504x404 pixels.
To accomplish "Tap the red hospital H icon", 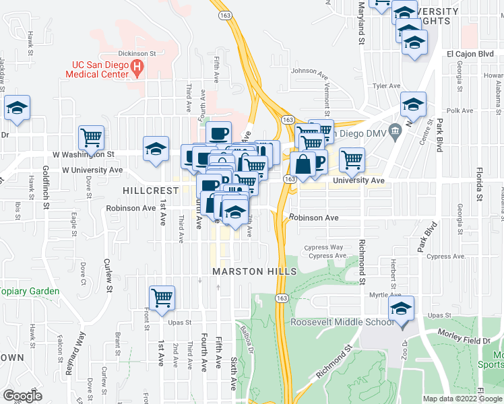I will point(137,68).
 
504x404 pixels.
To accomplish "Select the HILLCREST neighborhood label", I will point(150,191).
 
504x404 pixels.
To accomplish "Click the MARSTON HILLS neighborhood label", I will point(254,271).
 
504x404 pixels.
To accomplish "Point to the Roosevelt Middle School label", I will point(342,322).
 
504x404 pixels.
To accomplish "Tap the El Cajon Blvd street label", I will point(470,54).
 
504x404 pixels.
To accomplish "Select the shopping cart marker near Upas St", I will point(162,297).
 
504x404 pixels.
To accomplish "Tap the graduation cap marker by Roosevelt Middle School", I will point(401,309).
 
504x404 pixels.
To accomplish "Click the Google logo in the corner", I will point(22,396).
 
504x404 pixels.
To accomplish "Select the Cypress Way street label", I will point(324,248).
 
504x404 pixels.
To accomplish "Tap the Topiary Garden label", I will point(30,292).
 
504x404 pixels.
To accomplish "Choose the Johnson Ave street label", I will point(313,71).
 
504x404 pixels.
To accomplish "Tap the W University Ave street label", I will point(92,170).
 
